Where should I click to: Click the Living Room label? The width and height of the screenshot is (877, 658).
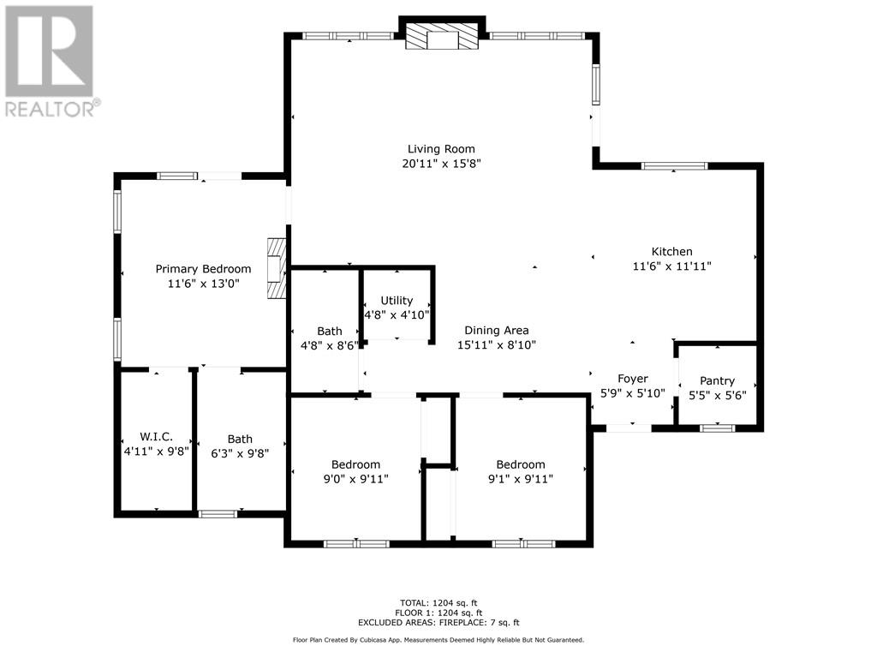(x=441, y=149)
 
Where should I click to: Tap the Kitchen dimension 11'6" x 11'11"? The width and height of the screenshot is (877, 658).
(x=671, y=266)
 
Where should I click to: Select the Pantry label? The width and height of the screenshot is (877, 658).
(x=717, y=381)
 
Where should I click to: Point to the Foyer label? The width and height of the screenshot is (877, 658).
(x=633, y=379)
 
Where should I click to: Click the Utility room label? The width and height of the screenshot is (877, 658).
(x=397, y=301)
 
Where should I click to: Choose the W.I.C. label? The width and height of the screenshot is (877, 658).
(x=156, y=436)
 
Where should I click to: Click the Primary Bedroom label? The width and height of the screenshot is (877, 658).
(x=203, y=269)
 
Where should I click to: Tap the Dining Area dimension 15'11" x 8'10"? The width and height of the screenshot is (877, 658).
(x=497, y=345)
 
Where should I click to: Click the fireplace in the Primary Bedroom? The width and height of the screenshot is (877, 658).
(x=277, y=268)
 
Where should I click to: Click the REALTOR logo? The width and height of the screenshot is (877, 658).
(x=51, y=61)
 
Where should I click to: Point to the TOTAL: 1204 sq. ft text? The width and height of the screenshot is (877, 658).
(x=438, y=603)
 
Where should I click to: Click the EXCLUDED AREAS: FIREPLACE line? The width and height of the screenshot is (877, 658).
(x=438, y=622)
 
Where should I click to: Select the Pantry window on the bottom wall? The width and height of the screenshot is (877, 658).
(x=718, y=428)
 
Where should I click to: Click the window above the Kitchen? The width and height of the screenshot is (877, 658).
(x=674, y=165)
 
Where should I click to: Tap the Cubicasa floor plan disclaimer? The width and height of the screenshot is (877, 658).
(x=438, y=639)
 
